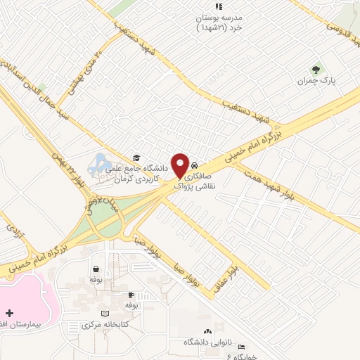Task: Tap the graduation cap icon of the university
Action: [x=136, y=157]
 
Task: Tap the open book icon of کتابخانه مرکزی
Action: [x=105, y=314]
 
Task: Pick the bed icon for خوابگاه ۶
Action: [x=241, y=347]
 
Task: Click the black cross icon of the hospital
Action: [x=9, y=312]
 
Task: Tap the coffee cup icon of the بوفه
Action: [x=131, y=295]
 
